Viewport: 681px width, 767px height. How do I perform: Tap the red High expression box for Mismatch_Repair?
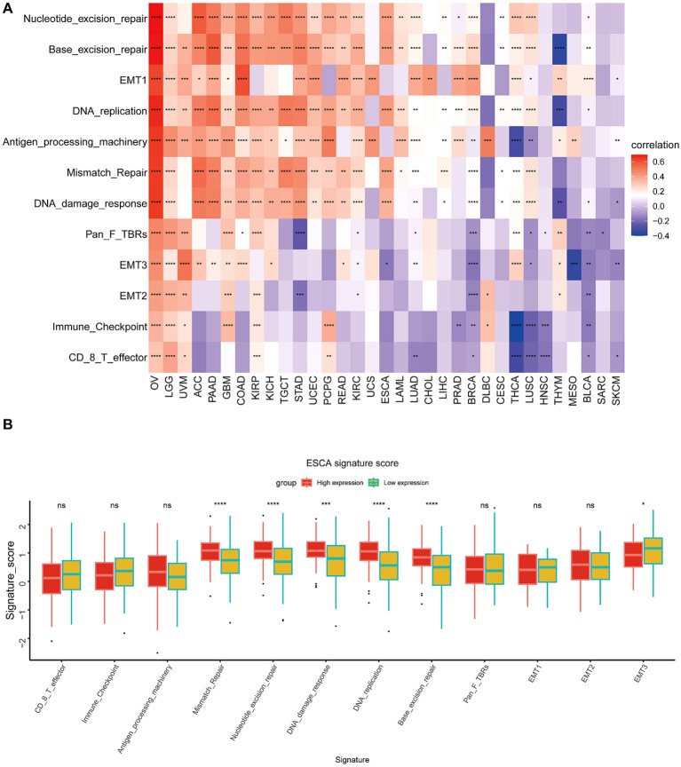[210, 551]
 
